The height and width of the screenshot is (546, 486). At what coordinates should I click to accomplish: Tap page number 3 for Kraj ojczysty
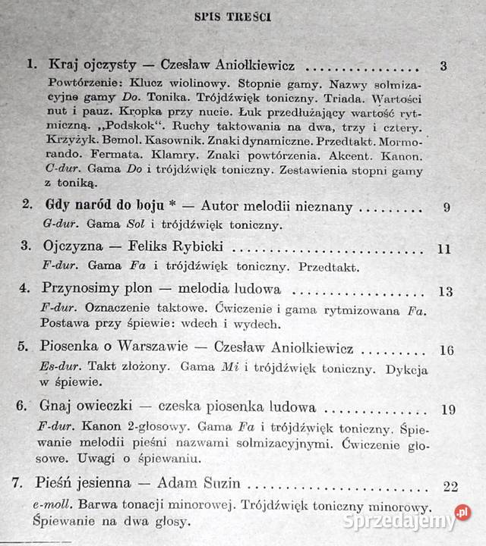point(443,66)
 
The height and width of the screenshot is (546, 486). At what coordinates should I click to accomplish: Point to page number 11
point(445,249)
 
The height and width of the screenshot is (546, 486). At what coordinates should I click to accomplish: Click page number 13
point(446,290)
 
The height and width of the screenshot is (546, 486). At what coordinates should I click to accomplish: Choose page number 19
point(447,409)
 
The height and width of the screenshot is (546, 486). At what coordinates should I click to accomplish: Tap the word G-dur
point(56,224)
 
